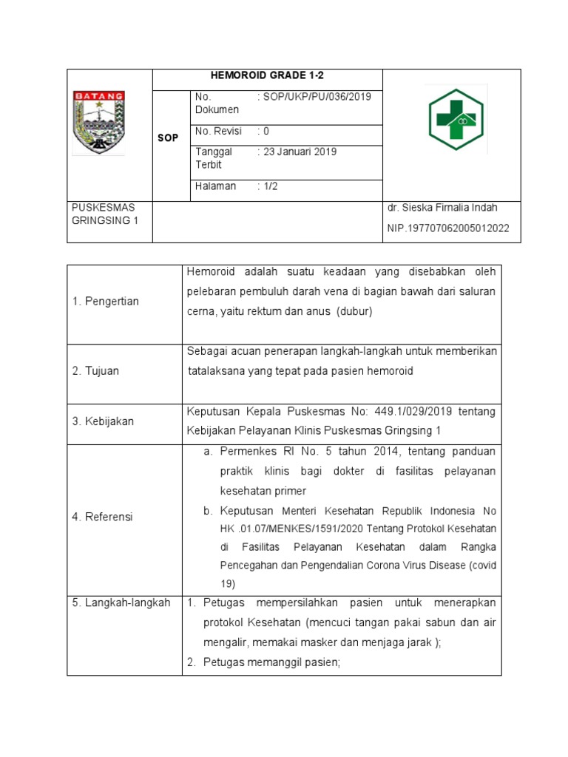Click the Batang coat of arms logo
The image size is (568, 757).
click(x=98, y=123)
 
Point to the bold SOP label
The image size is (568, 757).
click(x=168, y=138)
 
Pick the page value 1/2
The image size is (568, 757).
click(x=268, y=186)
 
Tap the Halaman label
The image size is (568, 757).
click(x=216, y=186)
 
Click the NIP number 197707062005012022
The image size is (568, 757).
click(x=448, y=228)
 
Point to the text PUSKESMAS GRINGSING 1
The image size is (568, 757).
click(x=105, y=215)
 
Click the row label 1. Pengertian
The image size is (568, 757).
click(x=106, y=302)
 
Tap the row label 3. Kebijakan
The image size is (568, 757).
click(x=104, y=421)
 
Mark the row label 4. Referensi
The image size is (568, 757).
click(x=103, y=517)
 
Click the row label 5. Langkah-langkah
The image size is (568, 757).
click(x=121, y=602)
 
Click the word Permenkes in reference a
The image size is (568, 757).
click(x=248, y=452)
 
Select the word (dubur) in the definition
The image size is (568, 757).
click(x=355, y=312)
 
